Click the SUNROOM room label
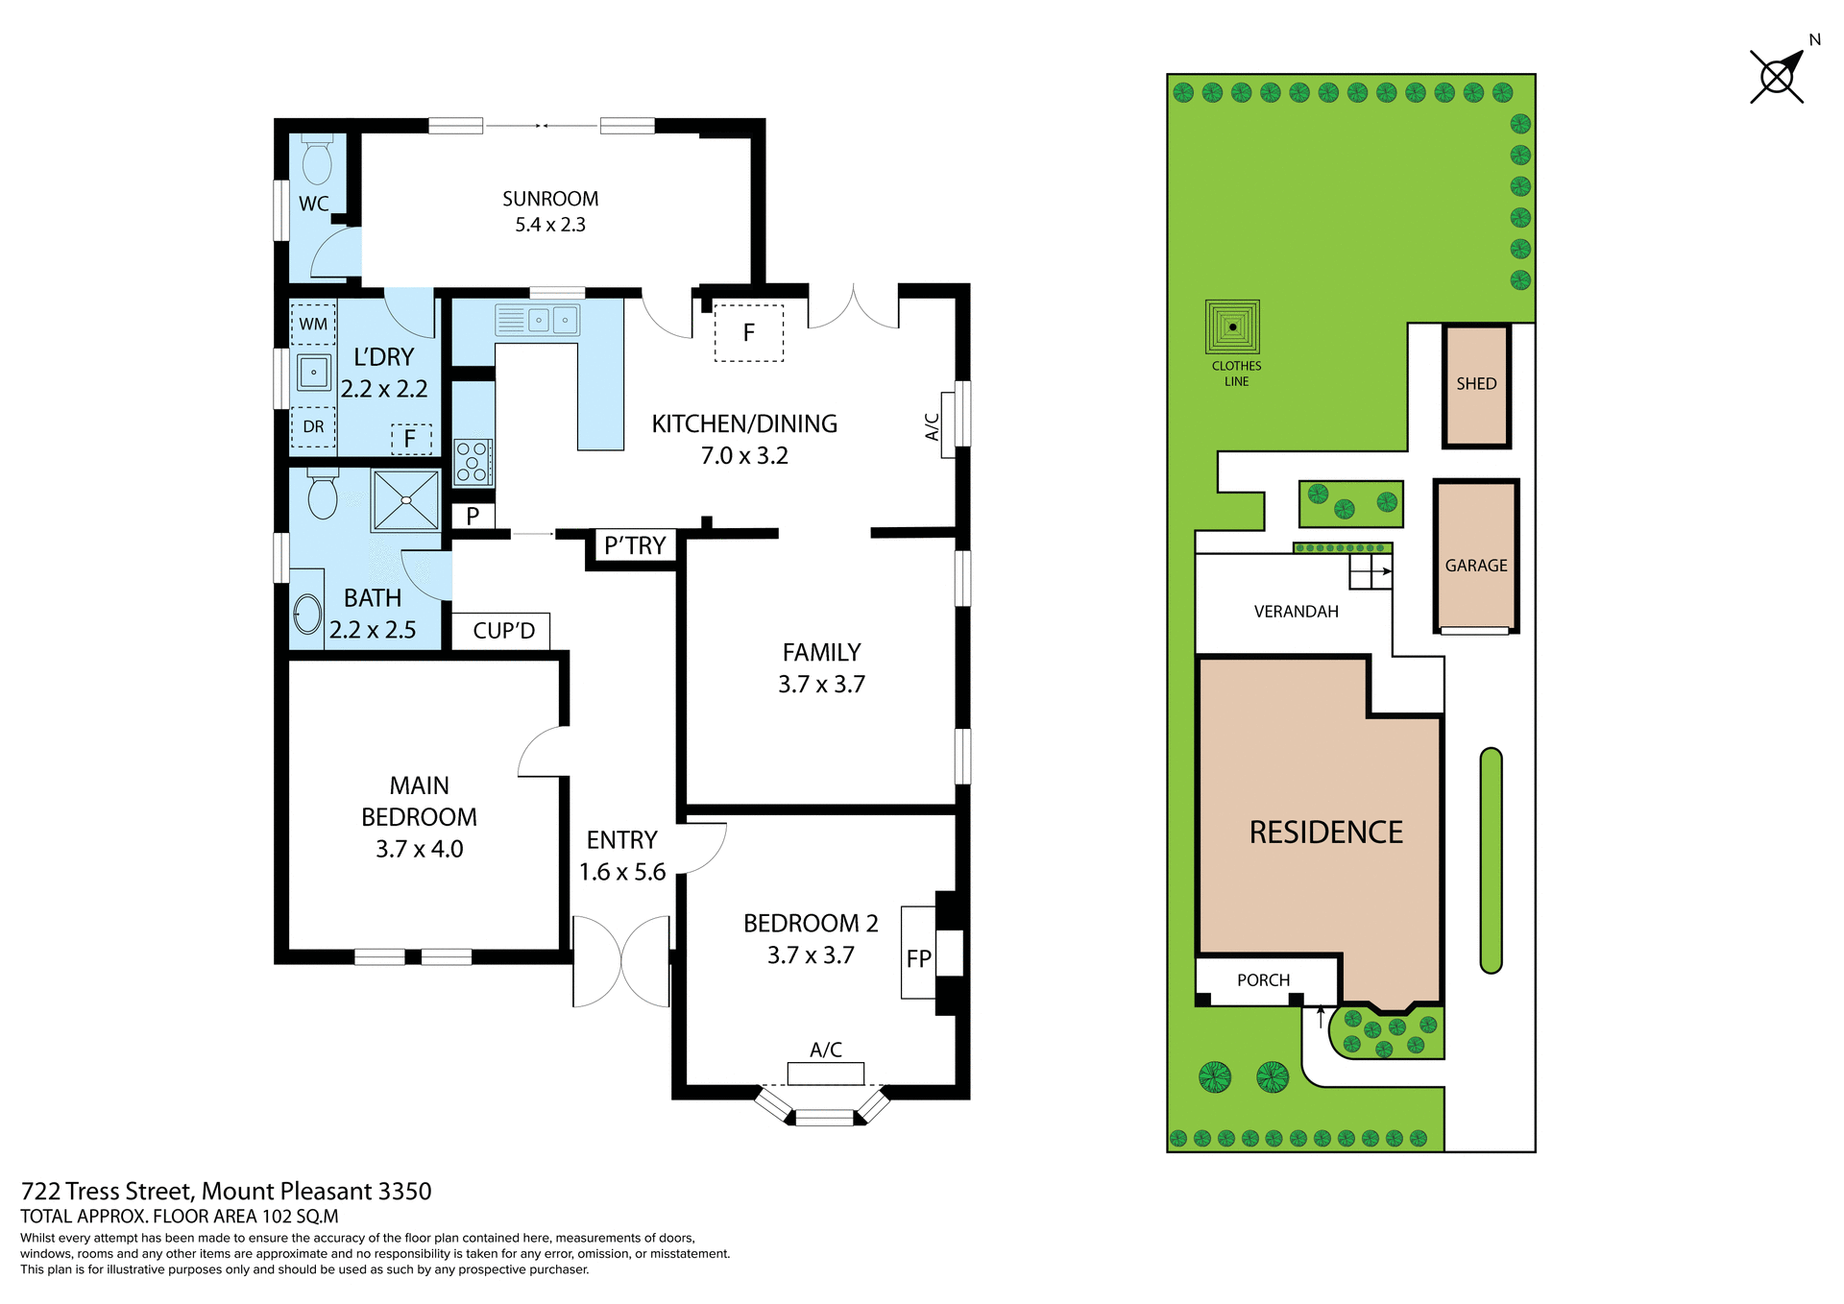[550, 199]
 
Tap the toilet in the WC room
[317, 160]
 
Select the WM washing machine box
[313, 324]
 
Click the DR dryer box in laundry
[313, 426]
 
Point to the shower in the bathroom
[405, 500]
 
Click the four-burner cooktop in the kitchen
[473, 462]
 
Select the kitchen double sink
[538, 320]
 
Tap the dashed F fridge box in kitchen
[748, 333]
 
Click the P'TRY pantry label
[635, 545]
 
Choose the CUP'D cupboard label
[503, 631]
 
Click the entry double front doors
[621, 961]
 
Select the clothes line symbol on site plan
[1232, 327]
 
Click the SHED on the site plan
[1476, 385]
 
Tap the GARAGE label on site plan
[1476, 566]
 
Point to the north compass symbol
[1779, 75]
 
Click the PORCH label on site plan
[1263, 980]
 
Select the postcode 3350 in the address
[404, 1192]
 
